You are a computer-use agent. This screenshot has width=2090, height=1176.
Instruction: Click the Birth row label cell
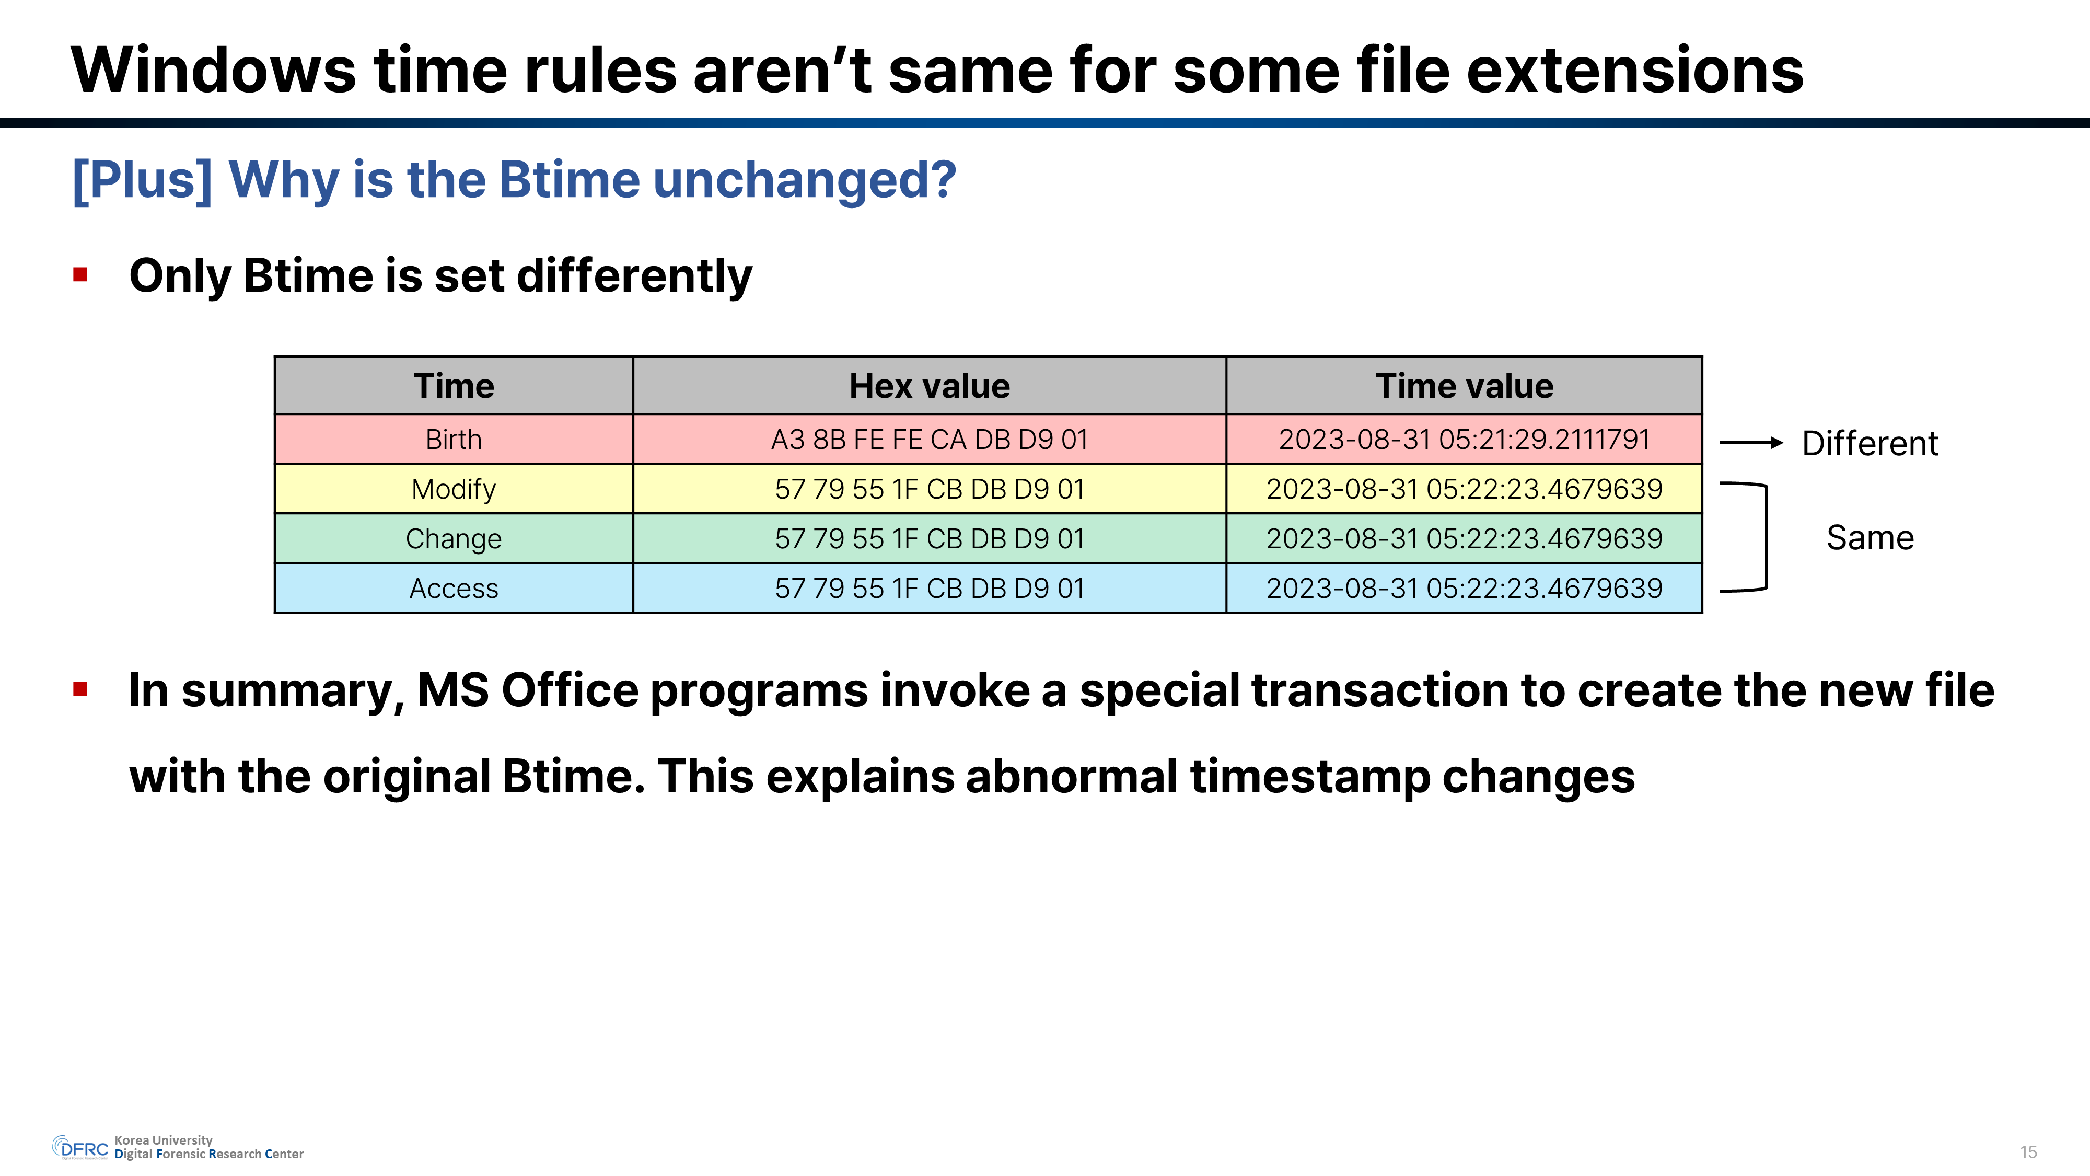point(454,439)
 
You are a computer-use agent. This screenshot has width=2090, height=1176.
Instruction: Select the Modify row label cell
point(454,489)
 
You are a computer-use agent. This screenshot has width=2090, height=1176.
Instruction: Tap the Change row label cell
point(454,538)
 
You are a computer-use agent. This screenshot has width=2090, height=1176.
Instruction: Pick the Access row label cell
point(454,587)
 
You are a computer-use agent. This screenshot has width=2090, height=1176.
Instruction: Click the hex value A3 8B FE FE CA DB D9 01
point(929,439)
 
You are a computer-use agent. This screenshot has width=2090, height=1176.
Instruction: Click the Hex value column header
point(929,386)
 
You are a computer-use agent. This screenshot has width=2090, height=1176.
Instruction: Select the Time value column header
point(1465,386)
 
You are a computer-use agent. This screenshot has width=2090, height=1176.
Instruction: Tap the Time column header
point(454,386)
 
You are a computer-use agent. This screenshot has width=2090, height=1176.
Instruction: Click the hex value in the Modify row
point(929,489)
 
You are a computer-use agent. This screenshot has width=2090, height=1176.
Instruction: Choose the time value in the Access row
point(1465,587)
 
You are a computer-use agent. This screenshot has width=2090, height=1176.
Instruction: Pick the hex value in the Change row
point(929,538)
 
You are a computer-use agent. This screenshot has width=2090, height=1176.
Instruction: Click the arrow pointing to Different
point(1751,442)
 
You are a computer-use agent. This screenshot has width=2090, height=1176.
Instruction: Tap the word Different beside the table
point(1870,443)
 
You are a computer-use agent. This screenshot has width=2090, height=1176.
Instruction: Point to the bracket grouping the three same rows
point(1766,537)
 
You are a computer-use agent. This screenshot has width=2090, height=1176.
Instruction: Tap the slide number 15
point(2028,1151)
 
